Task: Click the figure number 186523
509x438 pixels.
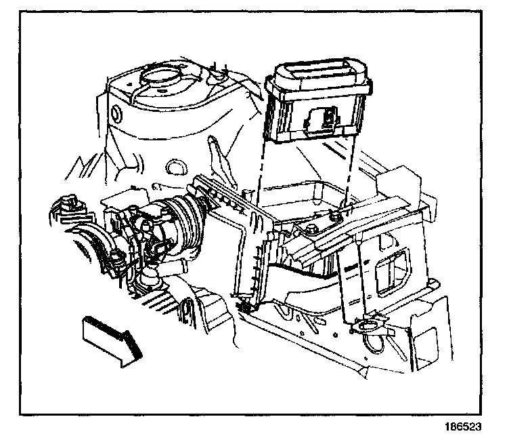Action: coord(472,429)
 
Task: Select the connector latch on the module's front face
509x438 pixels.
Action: coord(326,121)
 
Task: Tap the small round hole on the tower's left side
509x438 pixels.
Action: coord(114,111)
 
